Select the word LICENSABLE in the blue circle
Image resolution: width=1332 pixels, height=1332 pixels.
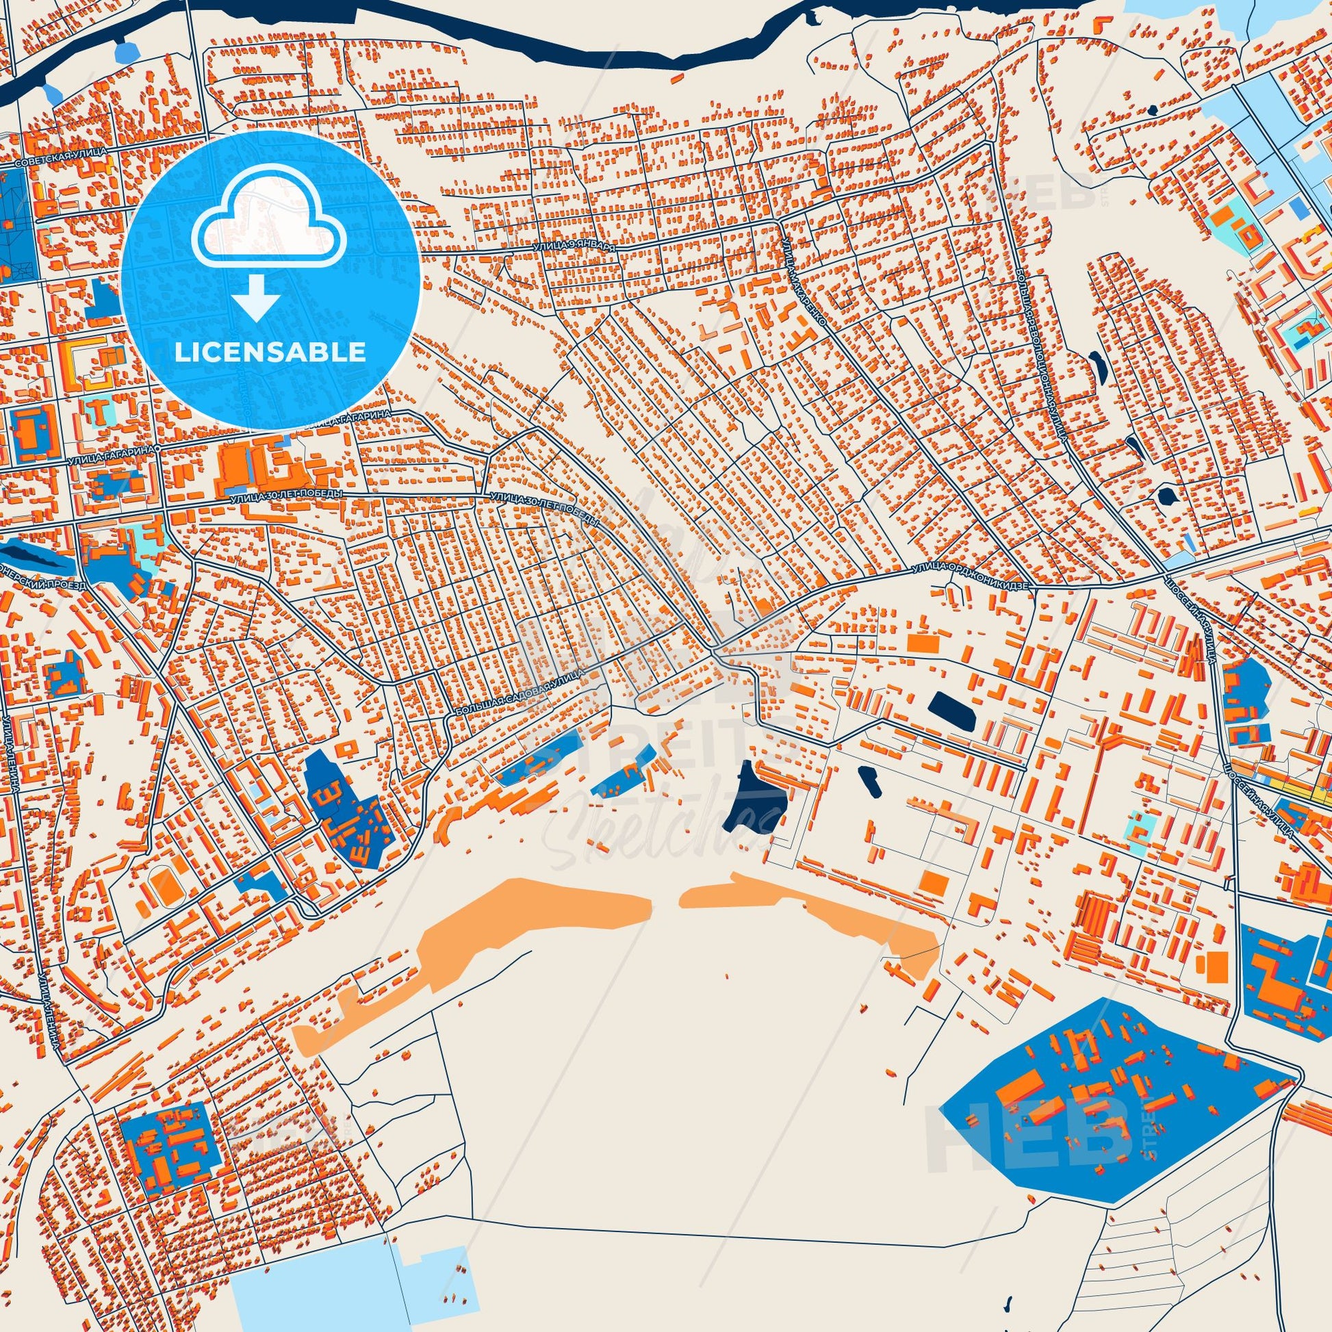pos(270,353)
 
